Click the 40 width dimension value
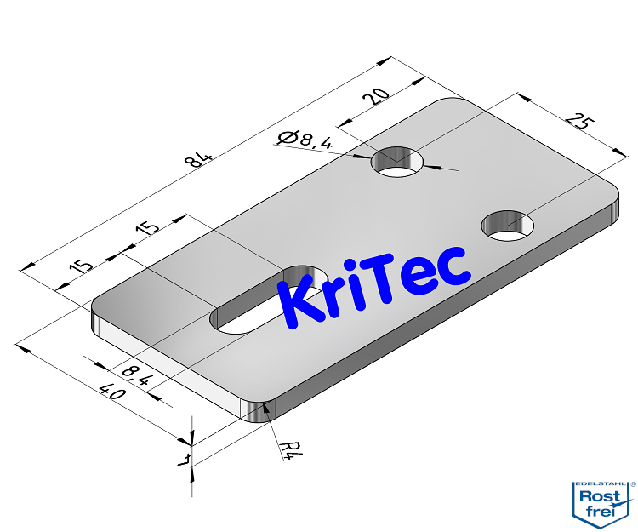pos(109,392)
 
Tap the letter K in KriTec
pos(299,304)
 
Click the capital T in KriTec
pos(393,274)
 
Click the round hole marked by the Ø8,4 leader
pos(399,162)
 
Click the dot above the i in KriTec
pos(365,265)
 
